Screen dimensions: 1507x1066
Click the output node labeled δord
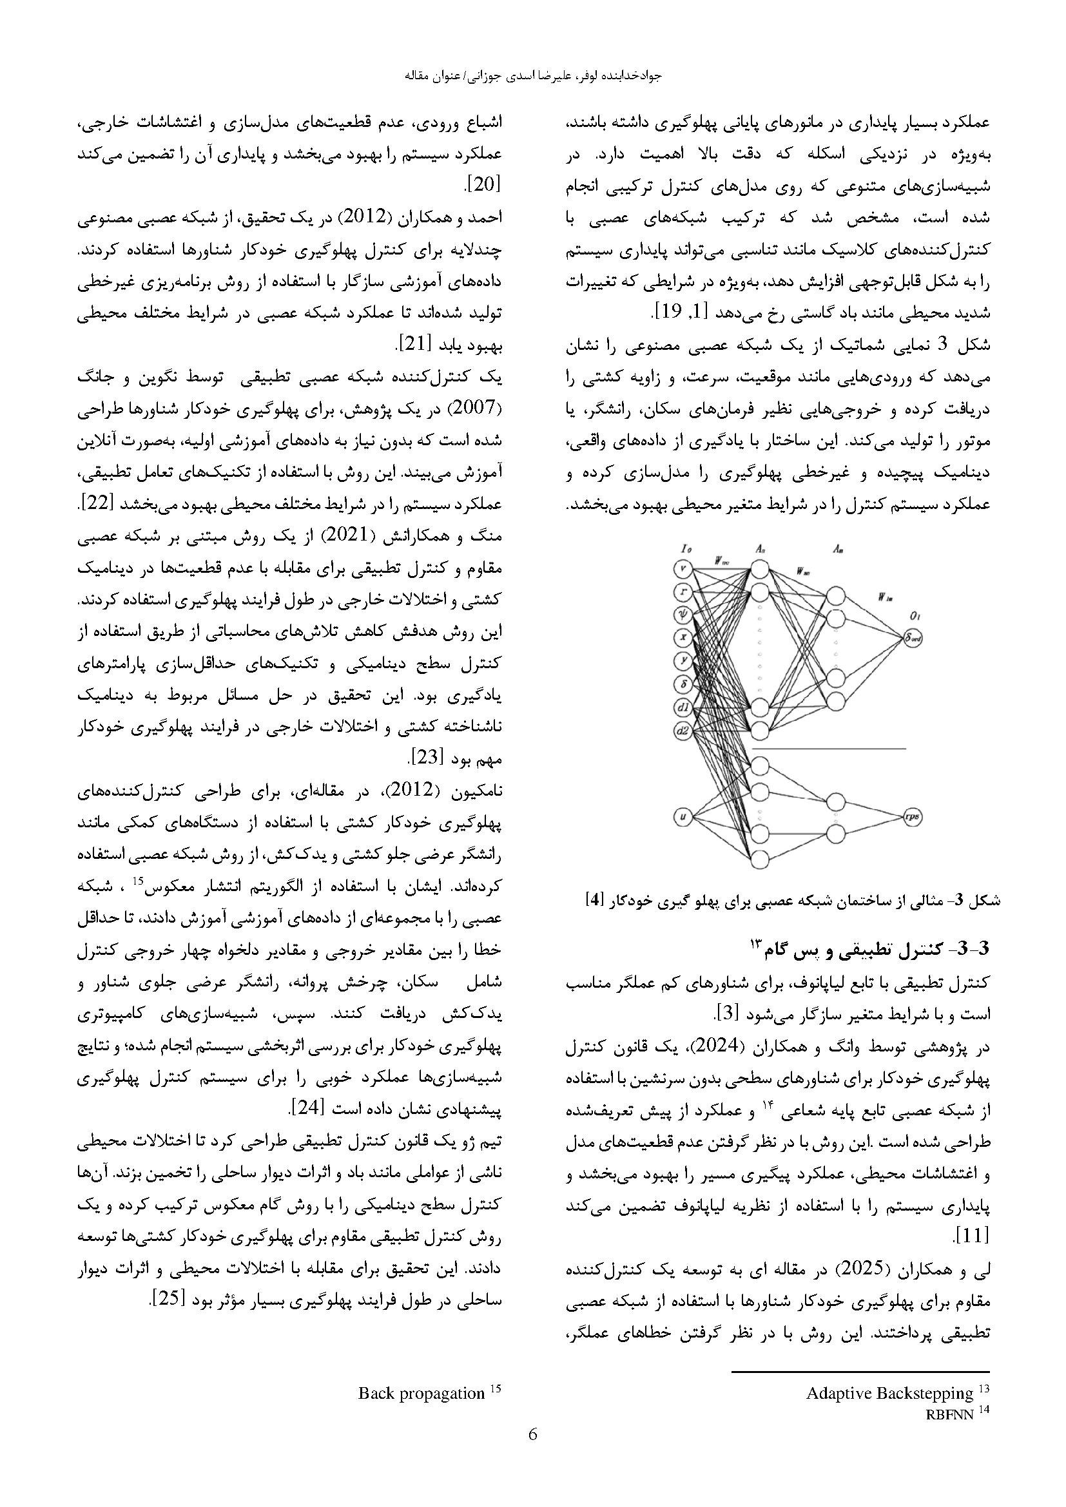pyautogui.click(x=913, y=636)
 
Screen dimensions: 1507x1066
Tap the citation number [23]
pyautogui.click(x=428, y=758)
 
